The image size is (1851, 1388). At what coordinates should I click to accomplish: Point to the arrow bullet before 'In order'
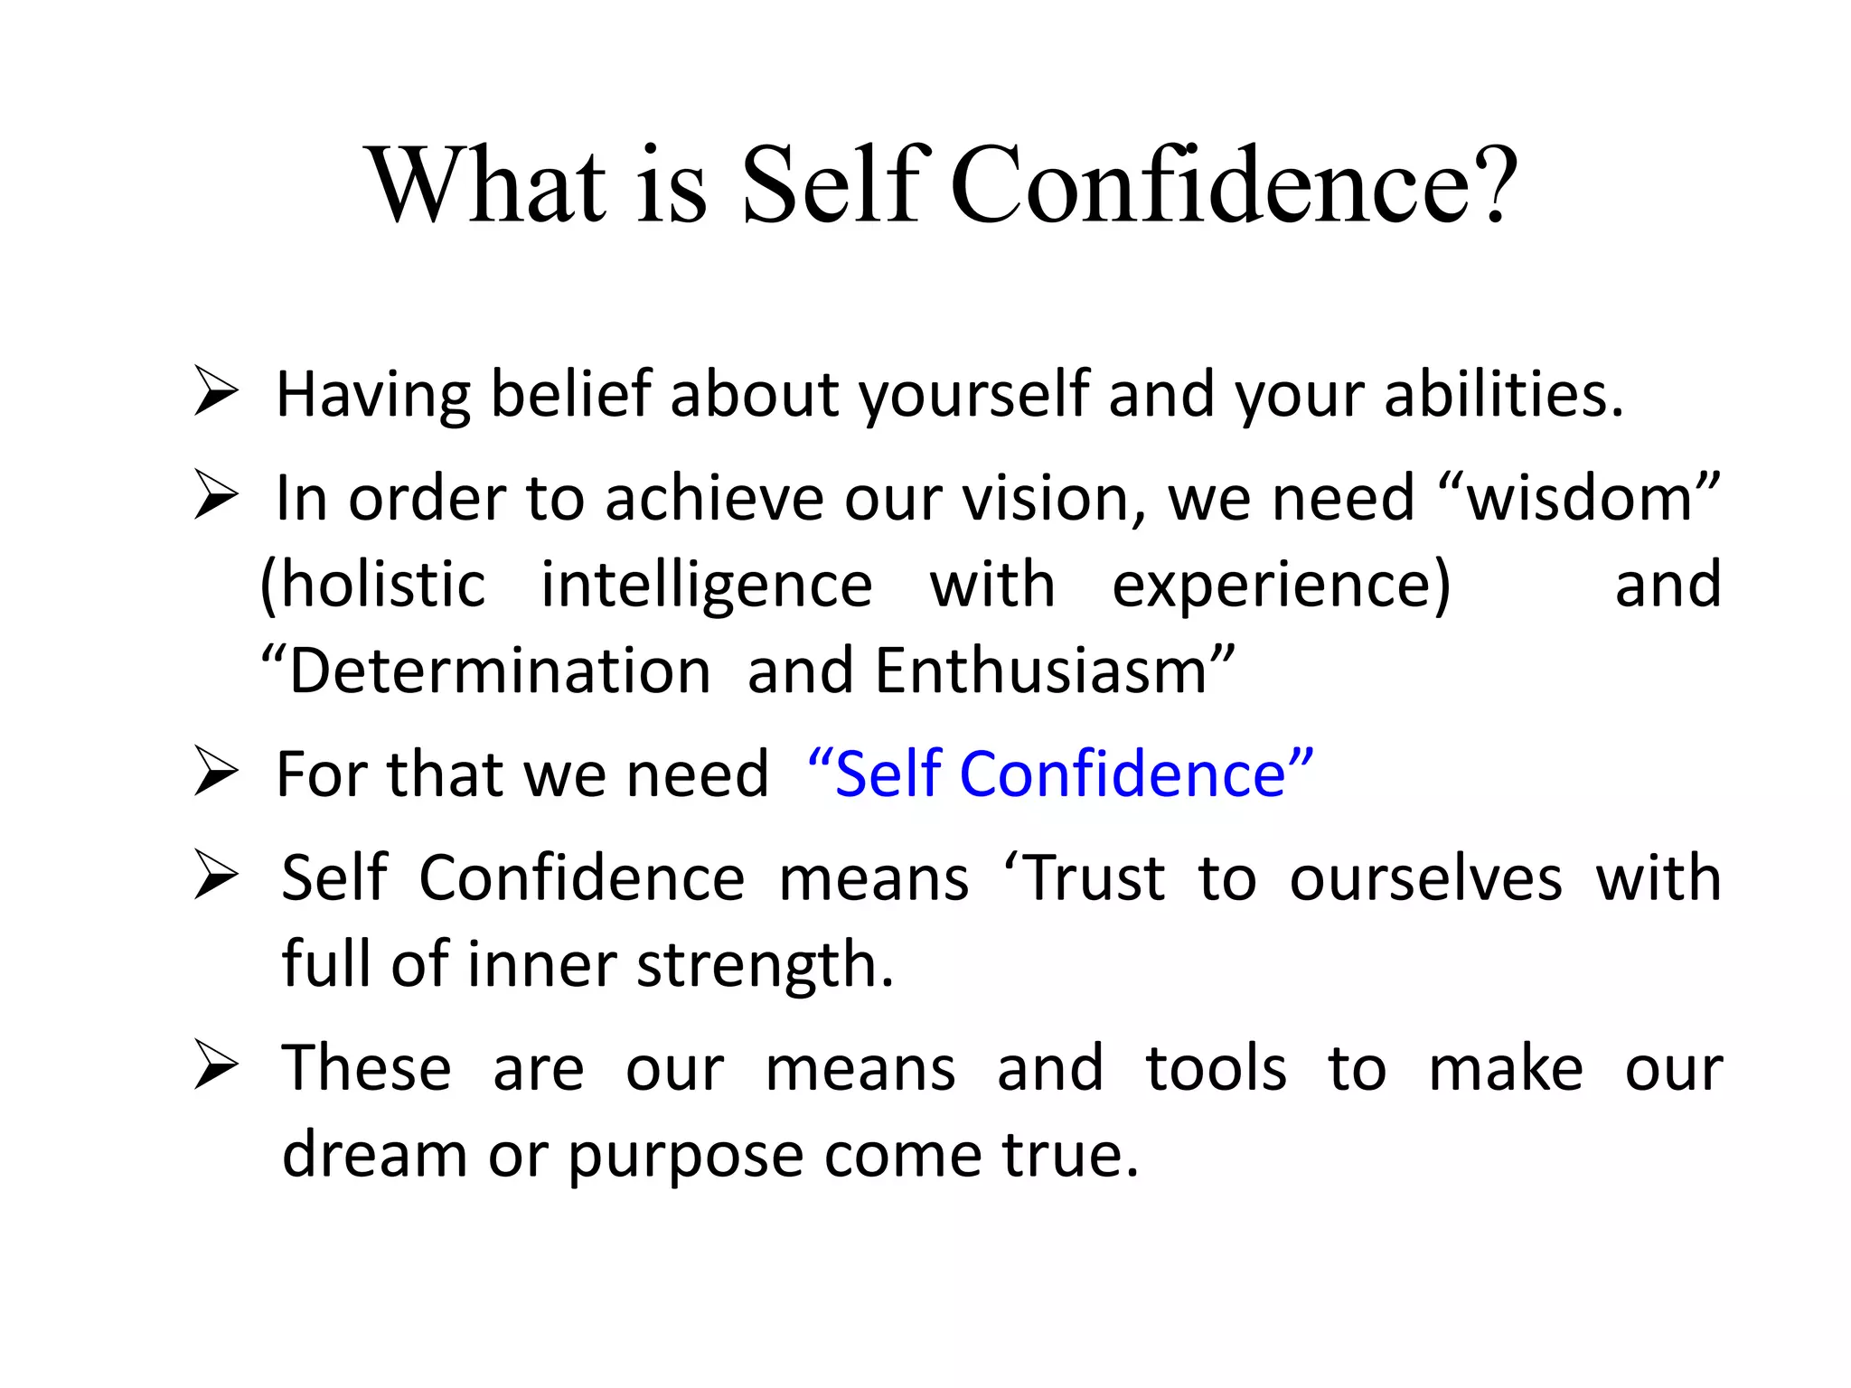coord(216,499)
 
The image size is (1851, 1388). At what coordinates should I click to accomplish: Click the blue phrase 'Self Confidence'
coord(1060,774)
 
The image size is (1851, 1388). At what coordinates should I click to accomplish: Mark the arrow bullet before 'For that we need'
coord(216,774)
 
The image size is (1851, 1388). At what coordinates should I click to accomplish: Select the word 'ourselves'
coord(1425,878)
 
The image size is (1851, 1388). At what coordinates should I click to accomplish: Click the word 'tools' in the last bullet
coord(1216,1069)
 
